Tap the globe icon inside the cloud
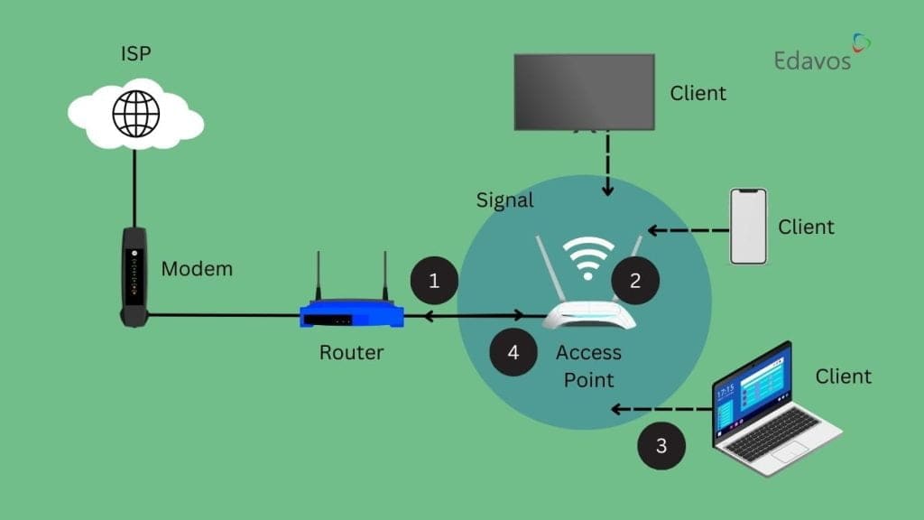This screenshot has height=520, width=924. point(134,113)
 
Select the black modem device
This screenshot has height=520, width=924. point(134,275)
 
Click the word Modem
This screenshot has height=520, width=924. point(197,268)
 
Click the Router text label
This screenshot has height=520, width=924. point(351,353)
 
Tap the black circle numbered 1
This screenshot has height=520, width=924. point(434,281)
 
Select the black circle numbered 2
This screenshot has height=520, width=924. point(635,281)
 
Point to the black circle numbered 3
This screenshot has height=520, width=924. point(661,446)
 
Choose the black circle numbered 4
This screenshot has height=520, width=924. point(513,352)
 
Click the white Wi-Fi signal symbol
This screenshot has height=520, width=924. point(587,255)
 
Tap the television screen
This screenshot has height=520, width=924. point(584,91)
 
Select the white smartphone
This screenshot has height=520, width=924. point(748,226)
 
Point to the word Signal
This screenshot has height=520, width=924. point(505,200)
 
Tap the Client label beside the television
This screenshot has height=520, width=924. point(698,93)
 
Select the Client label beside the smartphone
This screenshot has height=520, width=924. point(807,226)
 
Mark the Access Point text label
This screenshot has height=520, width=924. point(588,366)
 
